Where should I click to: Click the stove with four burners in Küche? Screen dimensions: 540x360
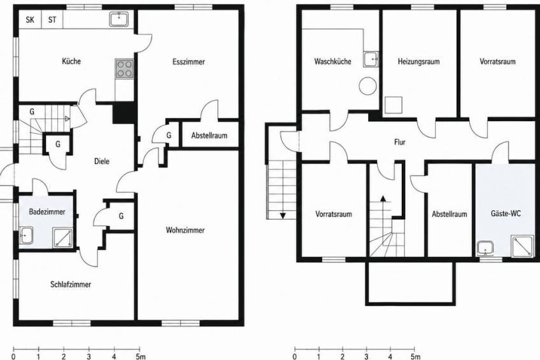click(x=125, y=69)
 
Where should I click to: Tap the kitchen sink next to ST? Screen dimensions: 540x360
click(x=119, y=19)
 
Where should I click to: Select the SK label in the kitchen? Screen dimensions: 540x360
click(x=30, y=20)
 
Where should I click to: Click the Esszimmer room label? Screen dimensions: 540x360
click(x=188, y=62)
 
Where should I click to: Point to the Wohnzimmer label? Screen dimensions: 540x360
click(x=185, y=230)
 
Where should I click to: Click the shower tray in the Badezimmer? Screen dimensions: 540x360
click(x=62, y=238)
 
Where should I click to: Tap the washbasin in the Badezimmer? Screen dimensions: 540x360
click(x=26, y=235)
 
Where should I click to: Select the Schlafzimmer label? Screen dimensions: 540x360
click(x=71, y=285)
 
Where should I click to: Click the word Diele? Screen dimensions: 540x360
click(x=102, y=161)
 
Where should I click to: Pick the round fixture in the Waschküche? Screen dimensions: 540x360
click(x=368, y=86)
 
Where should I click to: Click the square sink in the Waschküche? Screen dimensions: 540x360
click(x=371, y=59)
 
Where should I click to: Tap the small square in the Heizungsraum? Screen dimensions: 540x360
click(x=394, y=105)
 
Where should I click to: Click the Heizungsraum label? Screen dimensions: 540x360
click(x=419, y=62)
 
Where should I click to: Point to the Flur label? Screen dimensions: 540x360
click(x=400, y=142)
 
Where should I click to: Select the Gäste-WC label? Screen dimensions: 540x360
click(x=506, y=213)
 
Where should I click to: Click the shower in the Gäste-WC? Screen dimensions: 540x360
click(x=523, y=246)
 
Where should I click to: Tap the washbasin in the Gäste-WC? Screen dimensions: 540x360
click(x=486, y=248)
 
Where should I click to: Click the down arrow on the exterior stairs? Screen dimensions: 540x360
click(x=283, y=216)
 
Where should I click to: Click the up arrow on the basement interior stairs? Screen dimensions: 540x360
click(x=383, y=198)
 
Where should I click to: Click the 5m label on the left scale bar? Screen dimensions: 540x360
click(x=140, y=357)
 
